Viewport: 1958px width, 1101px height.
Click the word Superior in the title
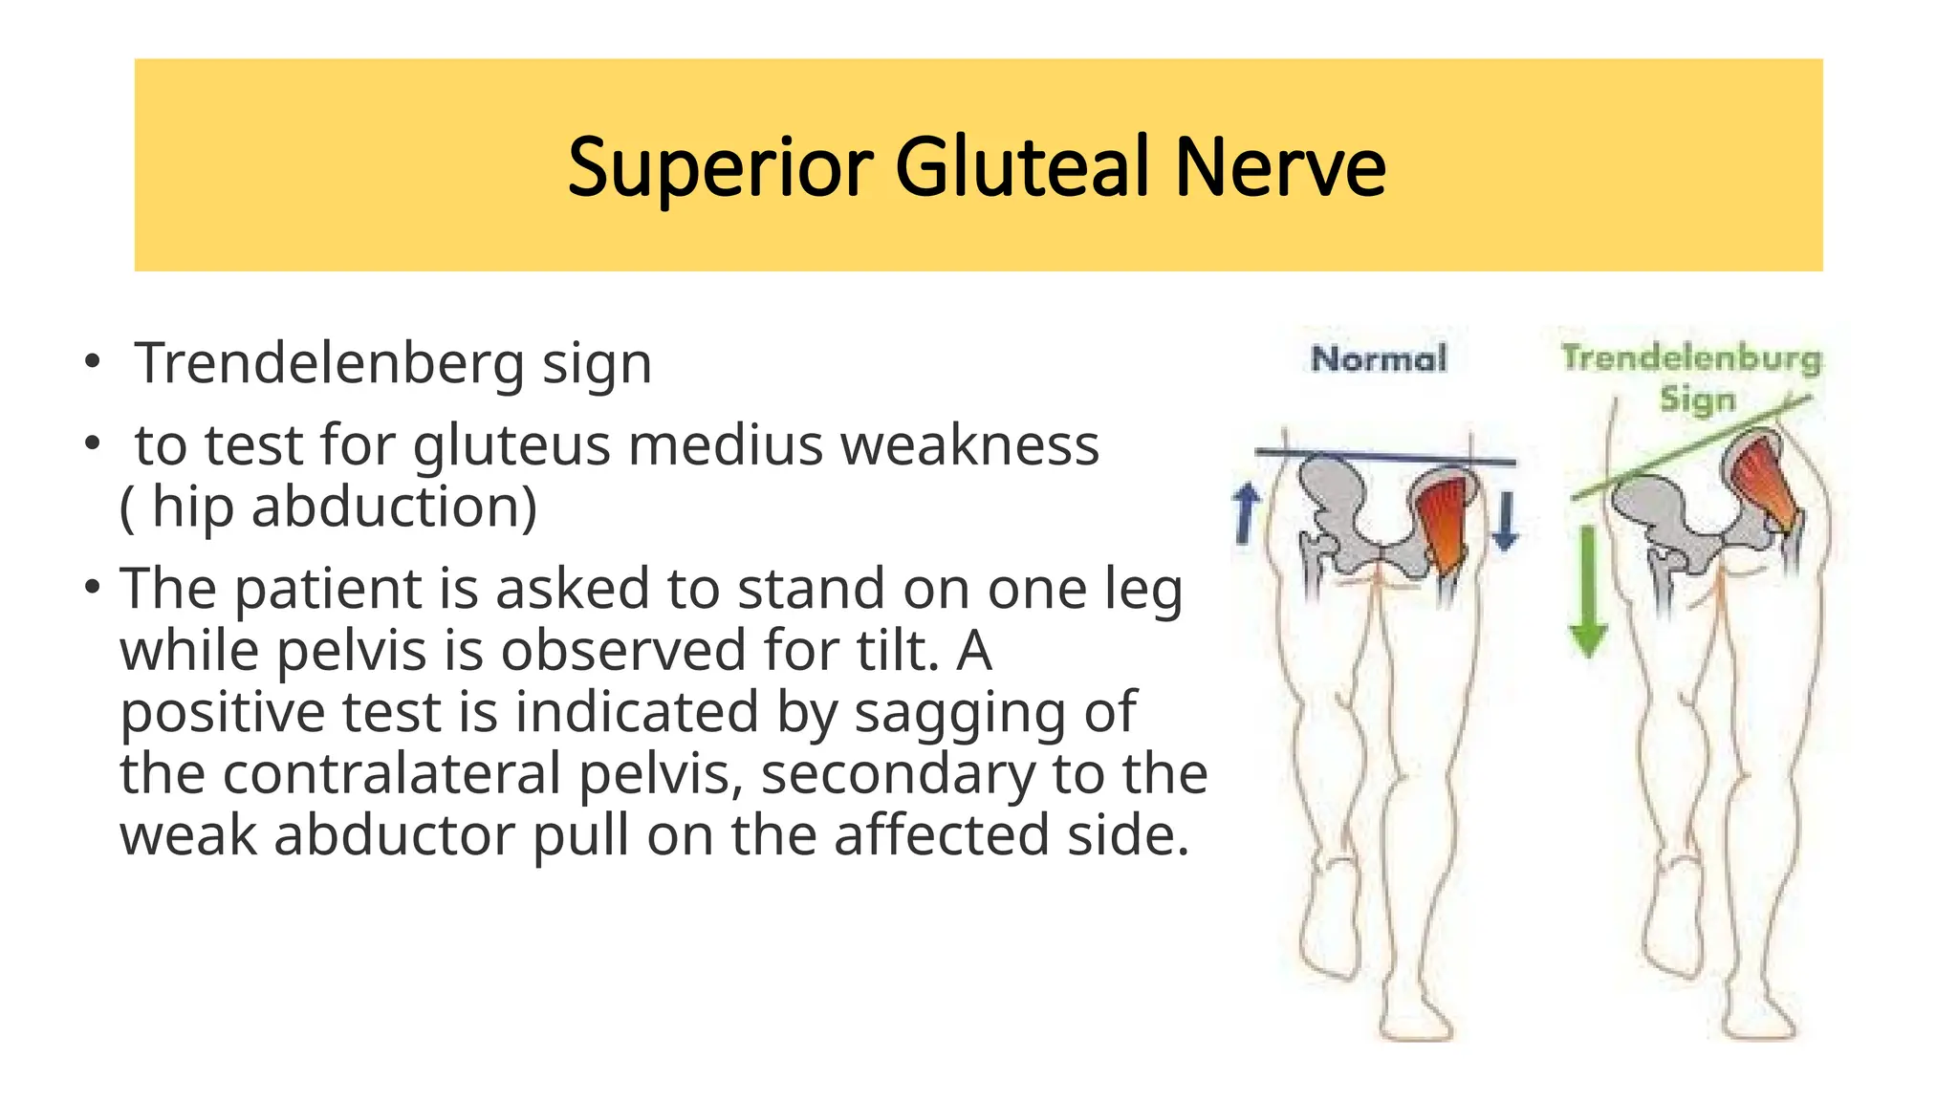[x=720, y=168]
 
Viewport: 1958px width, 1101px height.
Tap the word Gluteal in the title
[x=1022, y=168]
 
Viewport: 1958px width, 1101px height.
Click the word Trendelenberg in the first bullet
[x=330, y=364]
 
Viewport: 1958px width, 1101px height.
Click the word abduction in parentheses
[x=386, y=507]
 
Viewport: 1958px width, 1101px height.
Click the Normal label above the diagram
[x=1379, y=359]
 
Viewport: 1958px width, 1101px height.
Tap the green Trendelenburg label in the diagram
[x=1690, y=359]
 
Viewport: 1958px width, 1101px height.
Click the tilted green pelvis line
[x=1692, y=446]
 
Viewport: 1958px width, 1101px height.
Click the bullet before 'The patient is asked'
[x=92, y=587]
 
